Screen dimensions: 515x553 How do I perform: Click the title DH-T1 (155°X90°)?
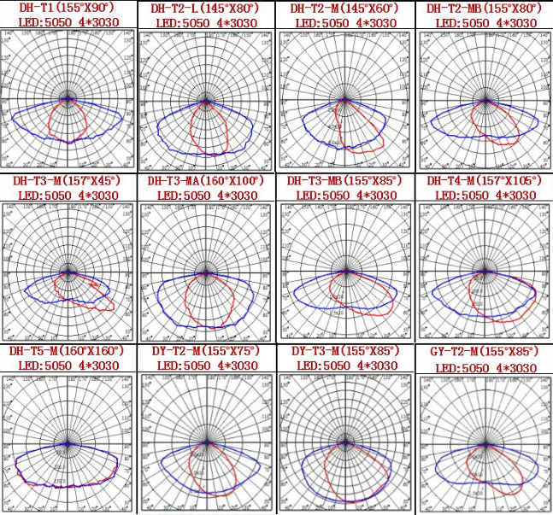click(64, 9)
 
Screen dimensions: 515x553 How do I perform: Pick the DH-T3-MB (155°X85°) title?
click(344, 181)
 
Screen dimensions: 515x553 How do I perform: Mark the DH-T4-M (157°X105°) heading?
click(484, 181)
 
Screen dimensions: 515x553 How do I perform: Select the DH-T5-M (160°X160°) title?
click(66, 351)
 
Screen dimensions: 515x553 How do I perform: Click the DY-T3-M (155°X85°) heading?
click(344, 352)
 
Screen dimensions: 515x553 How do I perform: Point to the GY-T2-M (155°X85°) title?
click(482, 352)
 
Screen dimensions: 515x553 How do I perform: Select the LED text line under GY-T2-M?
click(483, 366)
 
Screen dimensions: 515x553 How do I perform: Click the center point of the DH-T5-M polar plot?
click(68, 443)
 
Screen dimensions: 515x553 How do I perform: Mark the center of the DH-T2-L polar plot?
click(206, 101)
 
